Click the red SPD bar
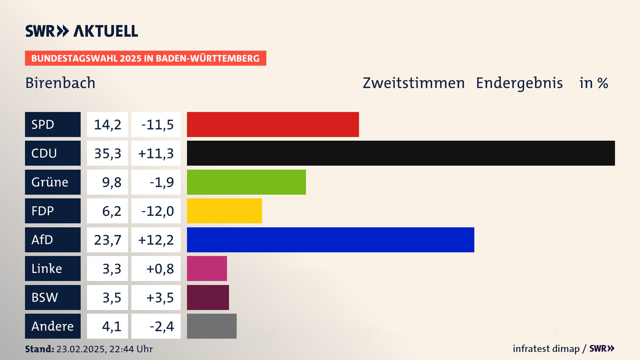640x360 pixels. point(273,124)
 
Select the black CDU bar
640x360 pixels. point(401,153)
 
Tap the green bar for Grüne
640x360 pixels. point(246,182)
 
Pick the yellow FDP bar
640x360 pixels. point(224,211)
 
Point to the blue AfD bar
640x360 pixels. point(330,240)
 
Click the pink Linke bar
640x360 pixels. point(207,269)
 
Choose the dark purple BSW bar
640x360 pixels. point(208,297)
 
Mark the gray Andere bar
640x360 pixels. point(212,326)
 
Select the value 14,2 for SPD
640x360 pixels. point(107,125)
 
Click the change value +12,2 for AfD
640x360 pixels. point(156,240)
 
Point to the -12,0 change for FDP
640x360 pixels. point(157,211)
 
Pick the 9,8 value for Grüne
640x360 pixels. point(111,182)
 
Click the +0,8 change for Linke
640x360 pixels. point(160,269)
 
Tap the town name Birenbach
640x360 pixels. point(60,83)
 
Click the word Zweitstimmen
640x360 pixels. point(413,83)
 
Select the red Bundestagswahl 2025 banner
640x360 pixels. point(145,58)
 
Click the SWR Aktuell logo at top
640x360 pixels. point(82,31)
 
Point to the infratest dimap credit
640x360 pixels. point(546,349)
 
